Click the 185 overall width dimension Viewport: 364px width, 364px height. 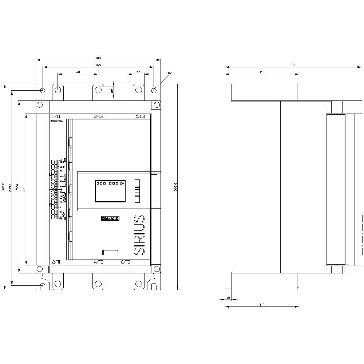click(x=98, y=58)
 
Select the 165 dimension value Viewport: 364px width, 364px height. click(x=98, y=65)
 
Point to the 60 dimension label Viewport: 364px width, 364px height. click(x=78, y=72)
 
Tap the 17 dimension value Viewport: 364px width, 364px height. click(x=138, y=72)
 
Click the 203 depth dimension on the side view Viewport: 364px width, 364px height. click(x=293, y=65)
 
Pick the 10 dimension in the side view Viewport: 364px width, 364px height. click(x=228, y=298)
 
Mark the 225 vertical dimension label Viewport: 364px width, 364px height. click(x=24, y=189)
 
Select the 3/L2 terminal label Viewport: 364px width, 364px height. click(x=99, y=116)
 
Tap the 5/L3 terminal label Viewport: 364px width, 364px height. click(x=140, y=116)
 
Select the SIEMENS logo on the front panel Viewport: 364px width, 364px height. click(x=110, y=218)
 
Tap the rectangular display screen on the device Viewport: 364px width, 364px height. click(x=110, y=191)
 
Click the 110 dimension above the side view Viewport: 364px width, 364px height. click(x=262, y=72)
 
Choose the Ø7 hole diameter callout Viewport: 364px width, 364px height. click(x=170, y=73)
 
